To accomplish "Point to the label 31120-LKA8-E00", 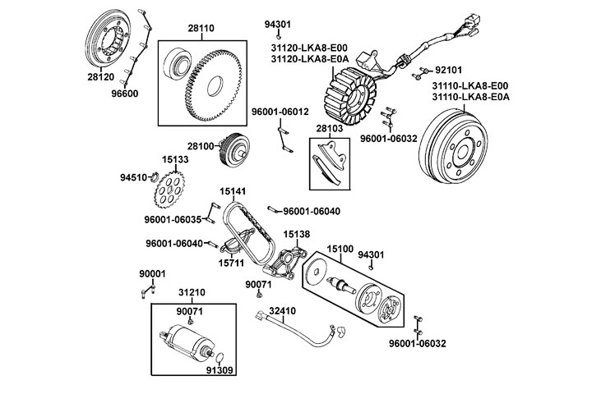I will (309, 48).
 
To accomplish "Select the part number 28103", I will (329, 130).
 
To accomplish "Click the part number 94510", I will (133, 176).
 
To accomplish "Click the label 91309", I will (219, 370).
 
